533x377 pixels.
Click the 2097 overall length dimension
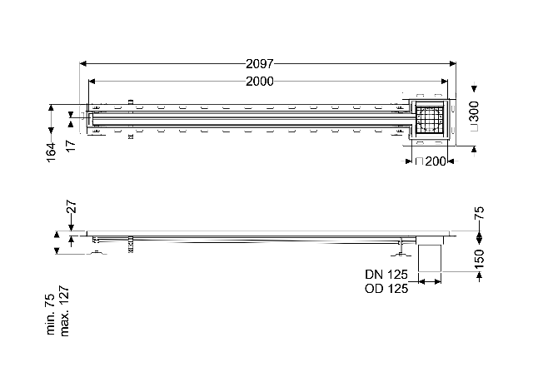259,63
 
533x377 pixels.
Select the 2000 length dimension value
259,82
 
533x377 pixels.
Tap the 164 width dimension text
51,152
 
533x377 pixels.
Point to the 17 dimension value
71,146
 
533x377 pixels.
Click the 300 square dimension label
473,112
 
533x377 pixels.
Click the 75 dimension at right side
479,213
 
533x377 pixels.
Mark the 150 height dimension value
479,259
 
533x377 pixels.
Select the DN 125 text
386,274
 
